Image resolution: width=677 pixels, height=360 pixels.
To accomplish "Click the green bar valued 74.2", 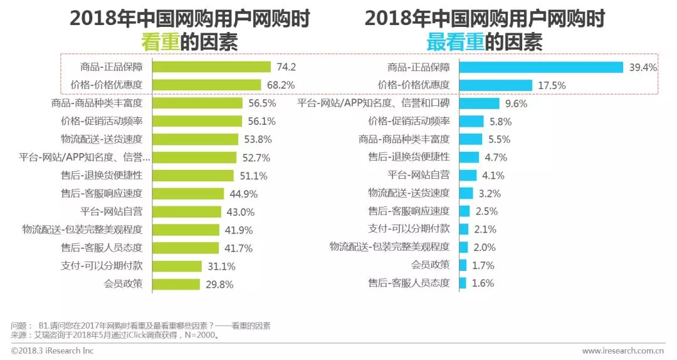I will (212, 67).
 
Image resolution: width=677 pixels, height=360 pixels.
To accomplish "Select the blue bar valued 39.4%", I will (541, 67).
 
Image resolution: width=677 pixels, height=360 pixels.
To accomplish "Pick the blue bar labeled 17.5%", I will (496, 85).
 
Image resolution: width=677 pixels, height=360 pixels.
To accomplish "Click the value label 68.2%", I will (281, 85).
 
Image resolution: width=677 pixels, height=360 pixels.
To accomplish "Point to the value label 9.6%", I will (517, 103).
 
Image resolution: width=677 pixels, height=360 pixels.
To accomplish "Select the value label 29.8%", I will (219, 284).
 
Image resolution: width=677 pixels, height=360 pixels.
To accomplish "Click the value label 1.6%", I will (483, 283).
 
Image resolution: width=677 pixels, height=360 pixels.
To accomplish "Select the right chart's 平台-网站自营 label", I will (419, 176).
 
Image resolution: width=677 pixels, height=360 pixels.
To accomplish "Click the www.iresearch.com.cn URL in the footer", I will (622, 350).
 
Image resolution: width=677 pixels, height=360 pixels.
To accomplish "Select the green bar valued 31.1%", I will (177, 266).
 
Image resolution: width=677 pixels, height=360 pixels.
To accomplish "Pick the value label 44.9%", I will (243, 194).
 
